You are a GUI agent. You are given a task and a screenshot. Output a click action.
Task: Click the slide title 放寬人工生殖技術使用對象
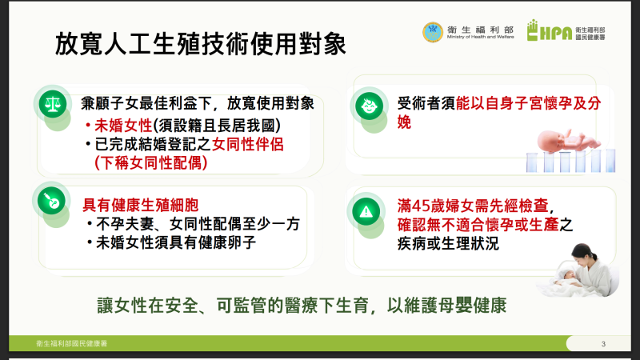[x=201, y=43]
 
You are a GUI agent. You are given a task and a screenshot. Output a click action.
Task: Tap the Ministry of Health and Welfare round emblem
[x=433, y=32]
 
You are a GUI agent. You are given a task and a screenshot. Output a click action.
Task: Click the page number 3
[x=602, y=344]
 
